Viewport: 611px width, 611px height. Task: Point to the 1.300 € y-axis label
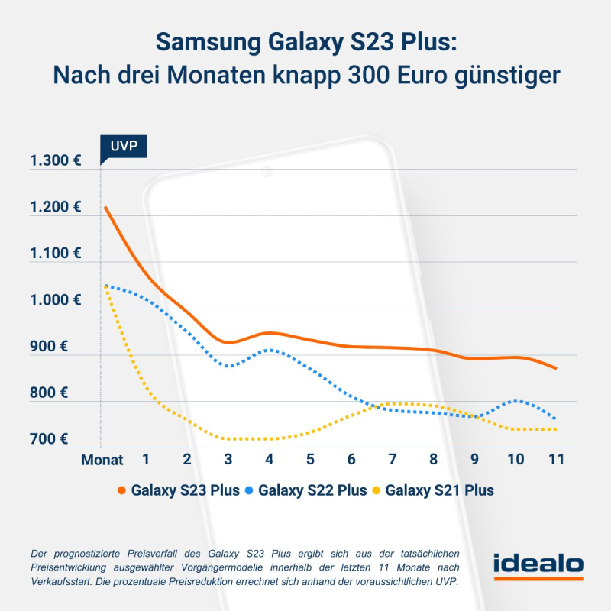point(55,160)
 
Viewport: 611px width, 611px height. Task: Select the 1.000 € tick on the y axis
point(55,299)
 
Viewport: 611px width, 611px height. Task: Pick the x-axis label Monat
point(102,461)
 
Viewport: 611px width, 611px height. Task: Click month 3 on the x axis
point(228,461)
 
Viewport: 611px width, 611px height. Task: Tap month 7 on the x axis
point(392,461)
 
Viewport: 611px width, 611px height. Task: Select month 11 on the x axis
point(556,461)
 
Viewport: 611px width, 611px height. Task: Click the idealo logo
point(538,566)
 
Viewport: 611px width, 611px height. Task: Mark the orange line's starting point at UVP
point(105,207)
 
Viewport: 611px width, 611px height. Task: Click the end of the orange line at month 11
point(556,368)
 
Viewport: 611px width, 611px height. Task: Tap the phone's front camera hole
point(267,173)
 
